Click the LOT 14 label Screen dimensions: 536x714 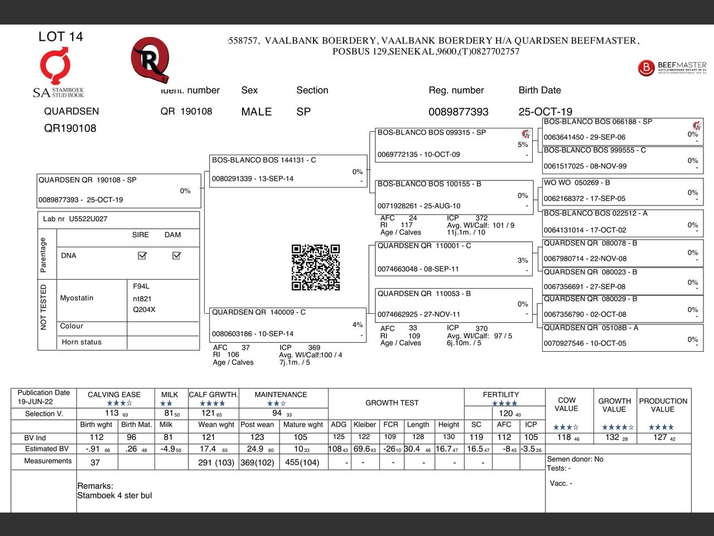pos(60,37)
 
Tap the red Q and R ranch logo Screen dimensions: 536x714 pos(149,59)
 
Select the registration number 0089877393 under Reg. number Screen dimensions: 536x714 pos(458,112)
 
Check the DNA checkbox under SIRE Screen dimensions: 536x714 pos(142,255)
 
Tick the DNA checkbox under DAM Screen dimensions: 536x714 pos(176,255)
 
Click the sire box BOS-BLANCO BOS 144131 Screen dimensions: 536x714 pos(287,170)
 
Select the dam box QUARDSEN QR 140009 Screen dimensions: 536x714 pos(287,323)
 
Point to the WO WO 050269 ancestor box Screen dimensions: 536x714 pos(623,191)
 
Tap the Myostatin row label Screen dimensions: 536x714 pos(77,298)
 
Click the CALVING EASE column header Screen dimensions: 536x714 pos(114,395)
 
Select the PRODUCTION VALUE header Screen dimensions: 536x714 pos(663,405)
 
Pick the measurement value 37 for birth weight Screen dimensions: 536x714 pos(95,462)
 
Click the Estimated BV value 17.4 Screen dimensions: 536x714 pos(208,449)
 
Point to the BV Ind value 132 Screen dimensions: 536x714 pos(613,437)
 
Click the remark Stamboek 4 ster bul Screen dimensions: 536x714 pos(114,495)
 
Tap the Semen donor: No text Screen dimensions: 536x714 pos(575,459)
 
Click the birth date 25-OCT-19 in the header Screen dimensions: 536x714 pos(545,112)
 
